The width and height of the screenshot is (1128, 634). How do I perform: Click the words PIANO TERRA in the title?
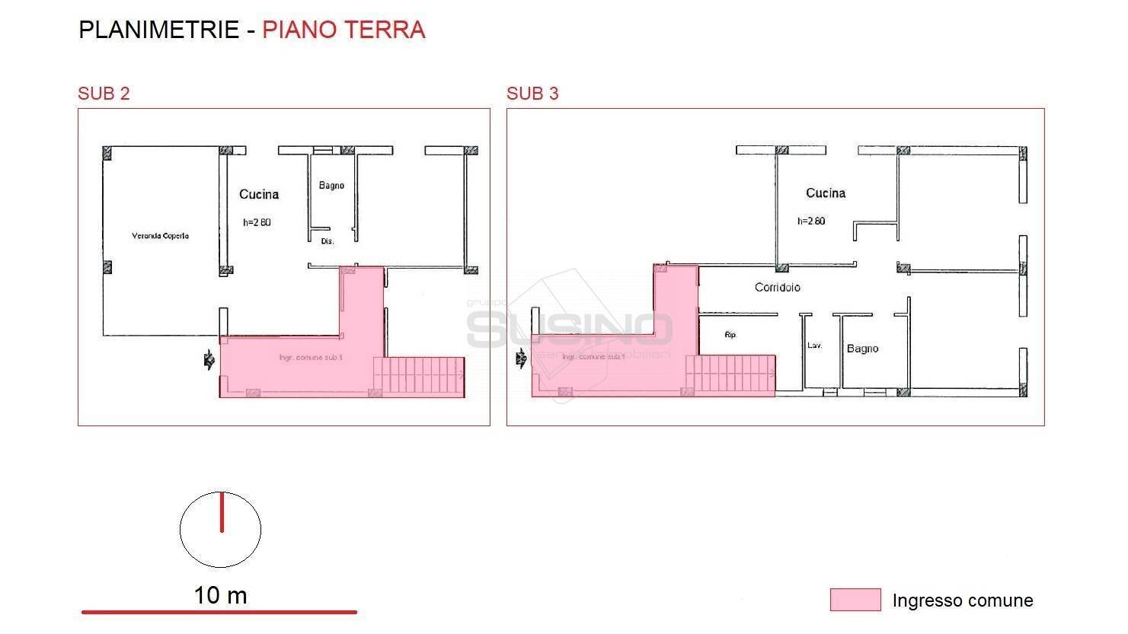pos(344,30)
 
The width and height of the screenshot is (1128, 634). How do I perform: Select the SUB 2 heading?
pos(104,94)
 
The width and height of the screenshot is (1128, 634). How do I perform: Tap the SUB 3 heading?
pos(532,94)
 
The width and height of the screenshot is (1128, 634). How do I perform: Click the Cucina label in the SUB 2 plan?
pos(259,195)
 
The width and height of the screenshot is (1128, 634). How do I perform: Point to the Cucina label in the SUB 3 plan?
pos(826,193)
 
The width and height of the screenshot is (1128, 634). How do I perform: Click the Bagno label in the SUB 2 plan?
pos(331,186)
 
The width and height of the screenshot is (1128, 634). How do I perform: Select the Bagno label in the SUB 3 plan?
pos(862,349)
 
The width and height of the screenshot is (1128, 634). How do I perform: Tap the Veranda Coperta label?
pos(160,236)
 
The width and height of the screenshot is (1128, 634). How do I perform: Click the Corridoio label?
pos(777,288)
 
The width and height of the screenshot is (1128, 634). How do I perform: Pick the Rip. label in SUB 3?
pos(730,335)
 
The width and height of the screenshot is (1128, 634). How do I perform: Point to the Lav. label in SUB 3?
pos(814,346)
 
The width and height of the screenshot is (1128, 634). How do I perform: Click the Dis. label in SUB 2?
pos(328,241)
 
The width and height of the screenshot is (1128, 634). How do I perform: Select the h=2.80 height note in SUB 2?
pos(257,223)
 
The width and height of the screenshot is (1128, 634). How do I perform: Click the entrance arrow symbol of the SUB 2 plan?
pos(208,361)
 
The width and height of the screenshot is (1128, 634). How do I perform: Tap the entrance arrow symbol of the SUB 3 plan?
pos(521,357)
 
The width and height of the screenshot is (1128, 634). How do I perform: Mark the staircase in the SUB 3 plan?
pos(730,375)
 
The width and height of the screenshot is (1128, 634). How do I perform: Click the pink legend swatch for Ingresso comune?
pos(855,600)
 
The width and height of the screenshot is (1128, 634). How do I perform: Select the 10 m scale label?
pos(220,595)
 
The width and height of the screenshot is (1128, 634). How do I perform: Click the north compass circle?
pos(220,530)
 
